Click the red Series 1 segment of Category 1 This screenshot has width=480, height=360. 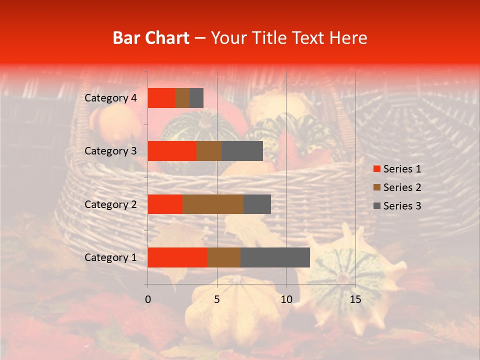tap(177, 257)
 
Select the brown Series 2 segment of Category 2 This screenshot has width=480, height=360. tap(213, 204)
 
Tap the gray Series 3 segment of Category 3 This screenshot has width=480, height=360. tap(242, 151)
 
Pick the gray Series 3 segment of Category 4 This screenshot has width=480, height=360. tap(196, 98)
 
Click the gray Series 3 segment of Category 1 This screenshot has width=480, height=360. tap(275, 257)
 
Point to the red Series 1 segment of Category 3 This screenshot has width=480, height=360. tap(172, 151)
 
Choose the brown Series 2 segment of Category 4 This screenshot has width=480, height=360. tap(182, 98)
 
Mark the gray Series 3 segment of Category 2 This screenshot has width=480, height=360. tap(257, 204)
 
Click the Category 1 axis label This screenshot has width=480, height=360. tap(110, 257)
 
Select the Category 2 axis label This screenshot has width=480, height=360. tap(110, 204)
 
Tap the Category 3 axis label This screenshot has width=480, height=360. tap(110, 151)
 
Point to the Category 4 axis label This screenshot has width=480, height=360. tap(110, 98)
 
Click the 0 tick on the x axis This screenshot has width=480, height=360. tap(148, 299)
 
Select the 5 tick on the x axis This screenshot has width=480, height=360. tap(217, 299)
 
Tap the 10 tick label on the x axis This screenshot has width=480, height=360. tap(286, 299)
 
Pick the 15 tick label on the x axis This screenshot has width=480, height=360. tap(355, 299)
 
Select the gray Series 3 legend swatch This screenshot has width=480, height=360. tap(377, 206)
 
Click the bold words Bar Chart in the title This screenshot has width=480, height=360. tap(151, 38)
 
